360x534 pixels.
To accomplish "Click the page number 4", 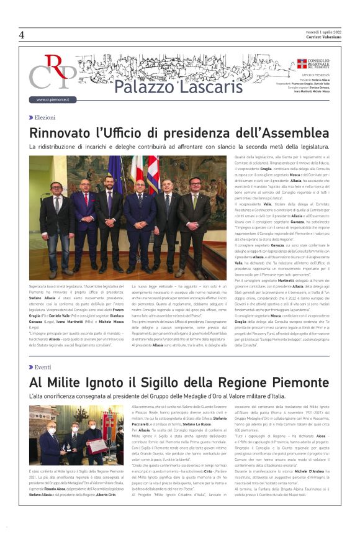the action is tap(21, 35).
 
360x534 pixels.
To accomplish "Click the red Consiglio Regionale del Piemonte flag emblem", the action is tap(301, 63).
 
